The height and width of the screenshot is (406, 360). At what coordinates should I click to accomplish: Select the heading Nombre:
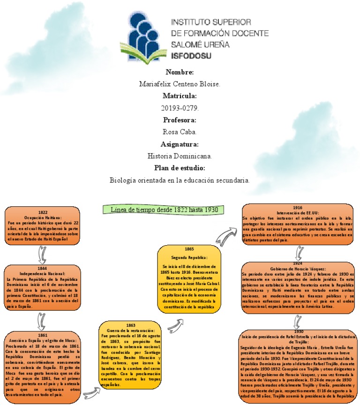point(180,72)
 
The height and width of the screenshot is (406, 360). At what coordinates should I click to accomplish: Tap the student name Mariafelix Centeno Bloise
point(180,84)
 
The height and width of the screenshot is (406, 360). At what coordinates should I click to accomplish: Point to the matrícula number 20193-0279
point(180,108)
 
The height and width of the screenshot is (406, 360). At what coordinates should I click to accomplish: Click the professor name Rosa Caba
point(180,132)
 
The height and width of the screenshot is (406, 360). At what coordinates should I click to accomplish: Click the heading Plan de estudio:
point(180,168)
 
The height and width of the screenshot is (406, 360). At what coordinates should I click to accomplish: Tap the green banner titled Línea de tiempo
point(162,210)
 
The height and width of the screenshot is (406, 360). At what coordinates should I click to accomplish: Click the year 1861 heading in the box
point(43,335)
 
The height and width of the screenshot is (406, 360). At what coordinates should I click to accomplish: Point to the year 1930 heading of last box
point(299,331)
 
